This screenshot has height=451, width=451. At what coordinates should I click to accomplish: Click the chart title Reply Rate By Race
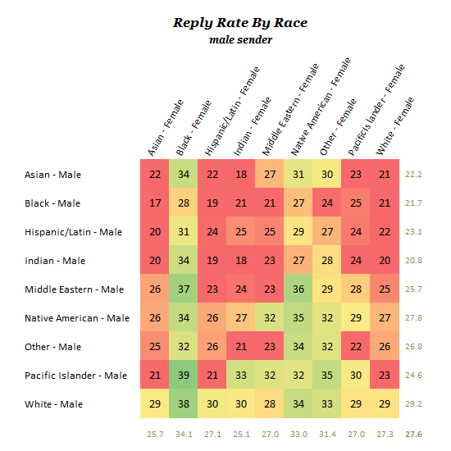[x=240, y=23]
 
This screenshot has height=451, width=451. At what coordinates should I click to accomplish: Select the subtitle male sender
[x=240, y=39]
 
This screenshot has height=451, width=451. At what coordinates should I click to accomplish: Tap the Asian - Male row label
[x=53, y=175]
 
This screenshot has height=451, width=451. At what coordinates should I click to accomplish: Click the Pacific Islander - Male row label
[x=76, y=376]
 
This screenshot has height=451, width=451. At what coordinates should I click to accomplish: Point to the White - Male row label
[x=54, y=404]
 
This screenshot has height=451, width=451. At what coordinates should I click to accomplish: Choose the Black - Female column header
[x=194, y=128]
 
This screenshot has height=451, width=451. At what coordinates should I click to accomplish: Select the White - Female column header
[x=394, y=126]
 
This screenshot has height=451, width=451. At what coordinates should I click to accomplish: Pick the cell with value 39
[x=184, y=375]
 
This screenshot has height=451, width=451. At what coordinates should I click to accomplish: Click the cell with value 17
[x=155, y=203]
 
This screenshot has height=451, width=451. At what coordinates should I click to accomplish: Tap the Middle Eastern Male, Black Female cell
[x=184, y=289]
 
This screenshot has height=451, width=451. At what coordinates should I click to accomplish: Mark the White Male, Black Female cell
[x=184, y=403]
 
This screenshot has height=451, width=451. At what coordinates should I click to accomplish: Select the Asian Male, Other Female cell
[x=326, y=174]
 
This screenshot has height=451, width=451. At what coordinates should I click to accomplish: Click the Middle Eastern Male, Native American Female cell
[x=298, y=289]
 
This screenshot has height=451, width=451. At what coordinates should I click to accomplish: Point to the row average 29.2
[x=413, y=403]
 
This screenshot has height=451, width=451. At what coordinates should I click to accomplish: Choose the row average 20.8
[x=413, y=260]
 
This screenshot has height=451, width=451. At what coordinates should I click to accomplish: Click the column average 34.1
[x=184, y=434]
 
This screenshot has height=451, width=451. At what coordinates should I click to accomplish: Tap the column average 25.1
[x=241, y=434]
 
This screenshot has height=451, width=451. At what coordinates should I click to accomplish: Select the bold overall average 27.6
[x=413, y=434]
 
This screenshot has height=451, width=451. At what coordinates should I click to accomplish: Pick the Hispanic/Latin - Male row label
[x=73, y=232]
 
